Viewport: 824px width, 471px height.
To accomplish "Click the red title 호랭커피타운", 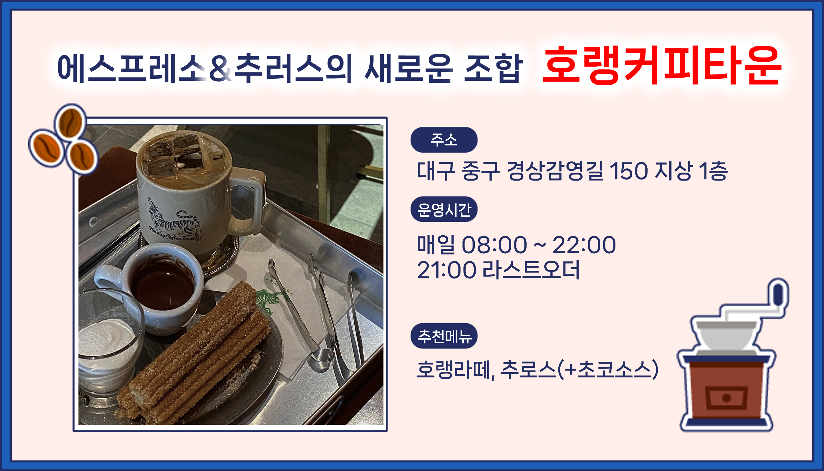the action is point(662,65).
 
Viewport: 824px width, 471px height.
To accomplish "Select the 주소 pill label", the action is point(444,140).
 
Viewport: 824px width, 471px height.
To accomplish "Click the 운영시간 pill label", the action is point(444,209).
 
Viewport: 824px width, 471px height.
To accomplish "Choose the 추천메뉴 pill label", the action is point(444,336).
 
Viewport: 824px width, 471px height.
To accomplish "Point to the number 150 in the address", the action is point(629,171).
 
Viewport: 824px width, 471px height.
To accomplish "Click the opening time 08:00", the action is point(494,244).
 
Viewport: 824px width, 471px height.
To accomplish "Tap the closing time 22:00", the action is point(584,244).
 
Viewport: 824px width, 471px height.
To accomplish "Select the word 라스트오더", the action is point(531,270).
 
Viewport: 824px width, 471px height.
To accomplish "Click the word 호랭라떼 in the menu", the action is point(454,369).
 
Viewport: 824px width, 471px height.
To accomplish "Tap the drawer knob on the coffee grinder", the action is point(727,398).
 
